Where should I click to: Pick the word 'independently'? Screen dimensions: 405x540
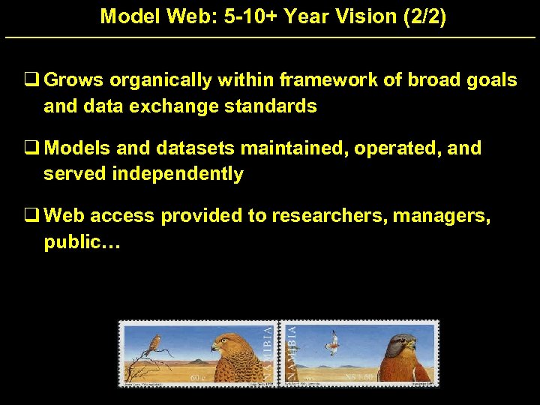pyautogui.click(x=177, y=174)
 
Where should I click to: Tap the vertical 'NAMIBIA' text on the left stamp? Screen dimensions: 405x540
pyautogui.click(x=268, y=352)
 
